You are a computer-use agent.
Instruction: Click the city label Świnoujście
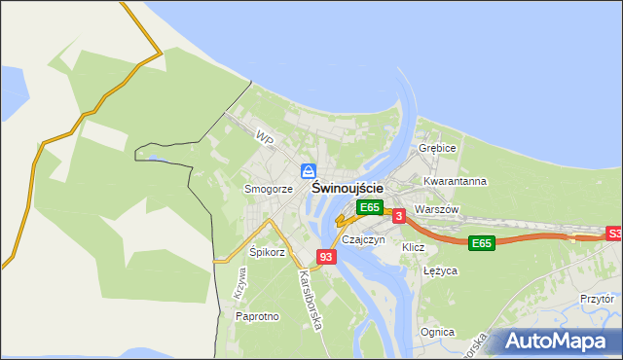(x=348, y=189)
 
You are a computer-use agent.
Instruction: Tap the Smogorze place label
(x=269, y=189)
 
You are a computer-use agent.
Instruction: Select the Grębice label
(x=437, y=148)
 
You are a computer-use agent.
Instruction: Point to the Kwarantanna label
(x=455, y=181)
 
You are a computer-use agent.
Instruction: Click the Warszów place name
(x=435, y=209)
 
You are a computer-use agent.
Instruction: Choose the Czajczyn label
(x=364, y=239)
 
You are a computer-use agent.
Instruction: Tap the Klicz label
(x=414, y=247)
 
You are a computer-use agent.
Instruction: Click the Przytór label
(x=596, y=300)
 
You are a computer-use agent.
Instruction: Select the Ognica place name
(x=437, y=332)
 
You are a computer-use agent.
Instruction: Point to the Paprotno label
(x=257, y=316)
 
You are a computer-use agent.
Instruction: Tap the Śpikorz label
(x=268, y=252)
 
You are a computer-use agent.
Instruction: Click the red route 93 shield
(x=326, y=257)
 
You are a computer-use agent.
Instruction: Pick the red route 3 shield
(x=399, y=215)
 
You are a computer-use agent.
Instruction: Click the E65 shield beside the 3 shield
(x=369, y=206)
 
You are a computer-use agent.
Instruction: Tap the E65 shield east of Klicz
(x=481, y=242)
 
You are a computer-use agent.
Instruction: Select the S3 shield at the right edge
(x=614, y=234)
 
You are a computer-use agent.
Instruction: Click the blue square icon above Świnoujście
(x=309, y=171)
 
